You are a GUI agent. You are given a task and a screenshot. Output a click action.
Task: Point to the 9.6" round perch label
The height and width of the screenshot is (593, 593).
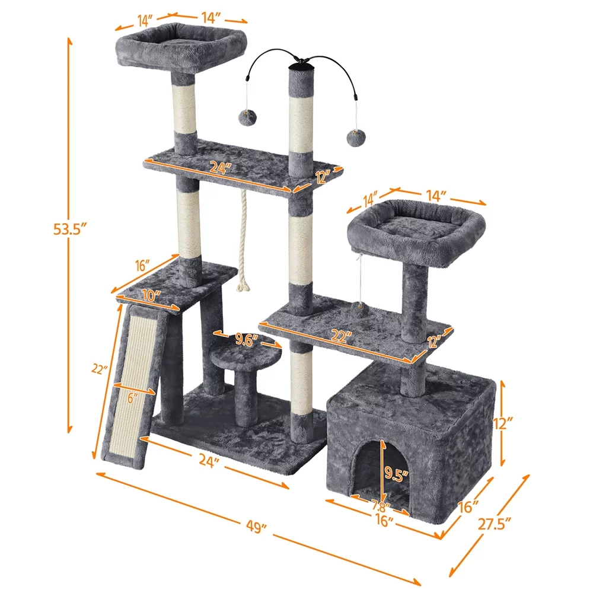click(x=248, y=339)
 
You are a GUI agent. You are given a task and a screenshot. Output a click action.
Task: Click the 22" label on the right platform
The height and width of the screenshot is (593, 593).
click(x=340, y=336)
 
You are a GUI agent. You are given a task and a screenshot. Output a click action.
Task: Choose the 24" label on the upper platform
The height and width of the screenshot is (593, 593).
click(x=219, y=168)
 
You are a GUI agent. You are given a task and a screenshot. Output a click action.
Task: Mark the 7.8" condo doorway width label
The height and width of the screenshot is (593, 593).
click(x=380, y=507)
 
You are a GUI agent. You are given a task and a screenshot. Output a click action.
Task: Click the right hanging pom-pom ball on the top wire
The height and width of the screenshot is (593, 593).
click(x=354, y=137)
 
